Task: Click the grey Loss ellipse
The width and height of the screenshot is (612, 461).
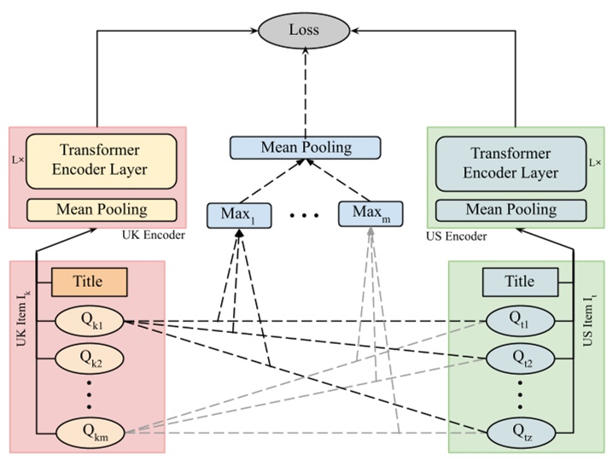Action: coord(305,31)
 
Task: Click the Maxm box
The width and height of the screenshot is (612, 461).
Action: coord(371,213)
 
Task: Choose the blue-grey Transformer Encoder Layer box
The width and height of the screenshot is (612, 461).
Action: coord(510,162)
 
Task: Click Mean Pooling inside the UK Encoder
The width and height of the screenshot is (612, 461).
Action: coord(102,209)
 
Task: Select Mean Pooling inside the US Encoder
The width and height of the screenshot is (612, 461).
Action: coord(510,209)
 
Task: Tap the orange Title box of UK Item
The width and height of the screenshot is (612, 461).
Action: coord(89,281)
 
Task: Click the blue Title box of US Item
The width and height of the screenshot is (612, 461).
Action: coord(520,281)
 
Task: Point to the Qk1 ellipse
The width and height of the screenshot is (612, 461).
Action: coord(90,322)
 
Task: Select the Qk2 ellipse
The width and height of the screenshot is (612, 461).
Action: coord(90,361)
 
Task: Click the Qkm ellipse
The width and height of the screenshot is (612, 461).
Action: coord(90,433)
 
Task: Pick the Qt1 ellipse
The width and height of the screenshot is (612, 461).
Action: coord(520,322)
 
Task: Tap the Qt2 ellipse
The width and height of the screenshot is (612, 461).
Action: coord(520,361)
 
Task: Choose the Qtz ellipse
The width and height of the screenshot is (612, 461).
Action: coord(520,433)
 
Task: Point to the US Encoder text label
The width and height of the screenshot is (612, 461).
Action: coord(457,235)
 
